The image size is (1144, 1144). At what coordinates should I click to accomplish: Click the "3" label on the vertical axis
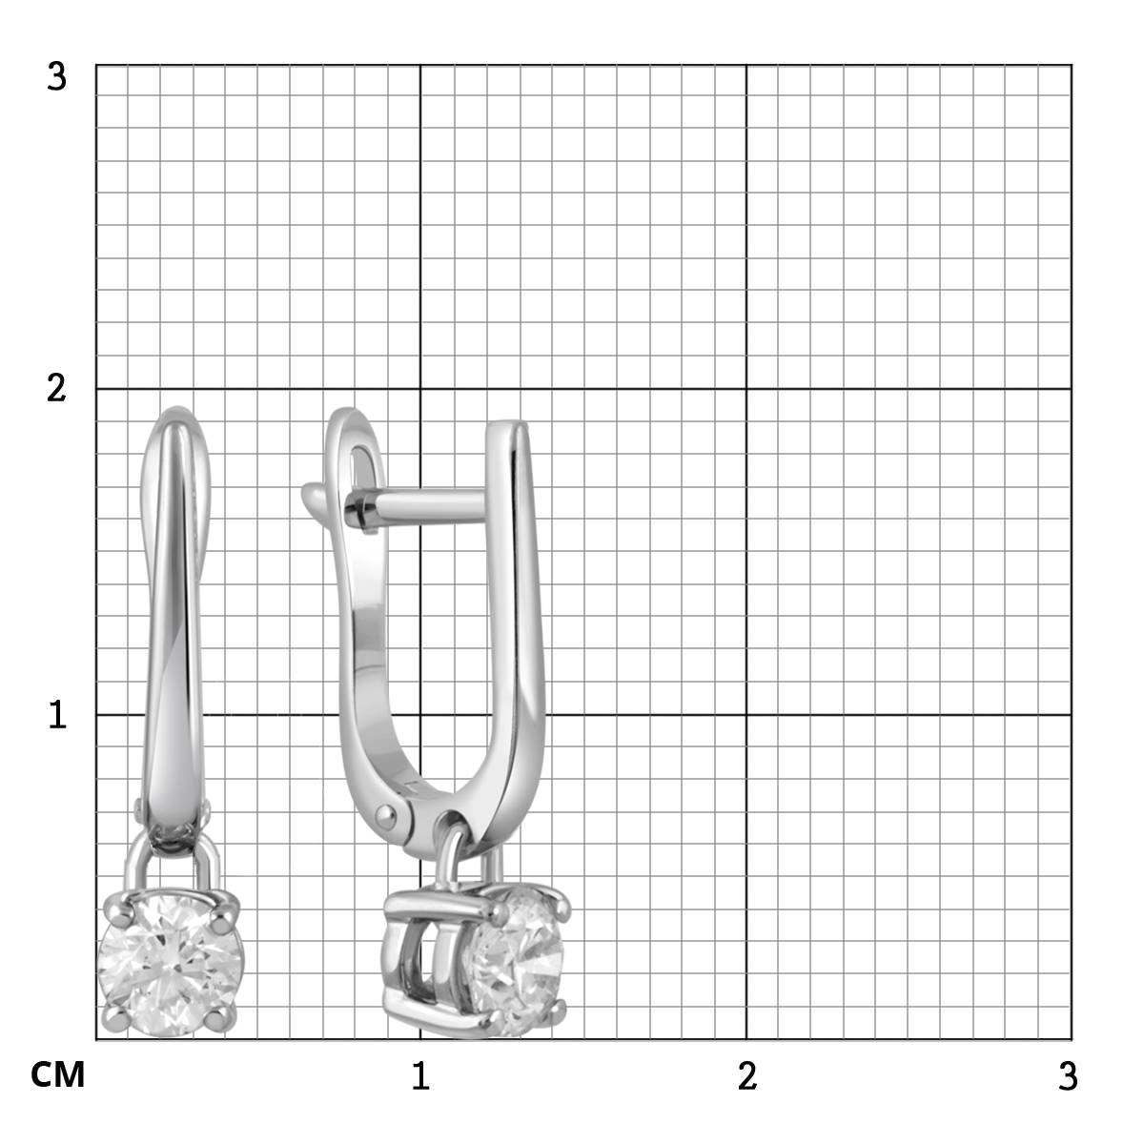(57, 77)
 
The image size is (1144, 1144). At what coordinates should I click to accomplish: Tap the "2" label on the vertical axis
(56, 389)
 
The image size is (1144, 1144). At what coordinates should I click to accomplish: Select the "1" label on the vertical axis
(57, 714)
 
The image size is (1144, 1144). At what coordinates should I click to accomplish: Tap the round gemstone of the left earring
(171, 966)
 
